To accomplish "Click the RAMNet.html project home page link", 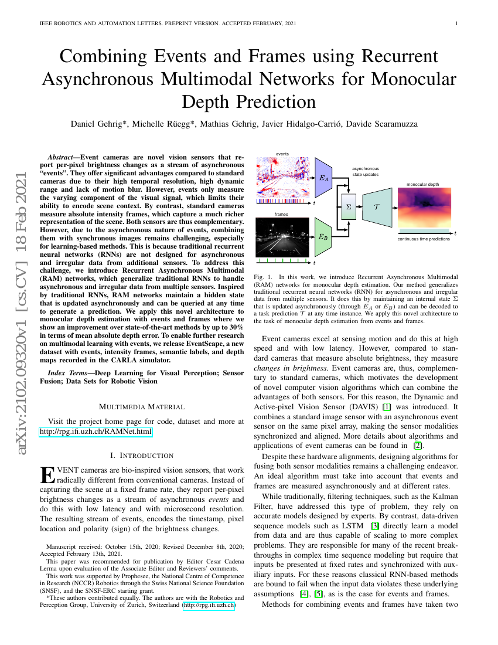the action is (95, 432).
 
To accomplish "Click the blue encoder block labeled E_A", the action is (323, 178).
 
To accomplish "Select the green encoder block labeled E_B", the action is (323, 237).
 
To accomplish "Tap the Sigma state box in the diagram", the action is (349, 207).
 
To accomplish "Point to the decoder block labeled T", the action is (377, 208).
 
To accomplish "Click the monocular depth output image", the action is (424, 208).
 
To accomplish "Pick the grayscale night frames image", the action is (282, 237).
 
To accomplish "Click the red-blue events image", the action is (282, 177).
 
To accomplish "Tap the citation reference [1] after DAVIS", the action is (387, 407).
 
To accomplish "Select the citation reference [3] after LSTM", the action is (375, 526).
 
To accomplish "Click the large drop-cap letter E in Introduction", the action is (47, 475).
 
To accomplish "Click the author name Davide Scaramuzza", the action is (382, 124).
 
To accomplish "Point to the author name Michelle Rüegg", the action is (163, 124).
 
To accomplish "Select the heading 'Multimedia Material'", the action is (142, 407).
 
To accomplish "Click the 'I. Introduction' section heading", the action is (142, 456).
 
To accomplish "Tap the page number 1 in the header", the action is (456, 23).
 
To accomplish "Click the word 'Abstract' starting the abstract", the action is (60, 157).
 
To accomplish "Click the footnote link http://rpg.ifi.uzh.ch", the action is (209, 605).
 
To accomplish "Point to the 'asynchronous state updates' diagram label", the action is (365, 172).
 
